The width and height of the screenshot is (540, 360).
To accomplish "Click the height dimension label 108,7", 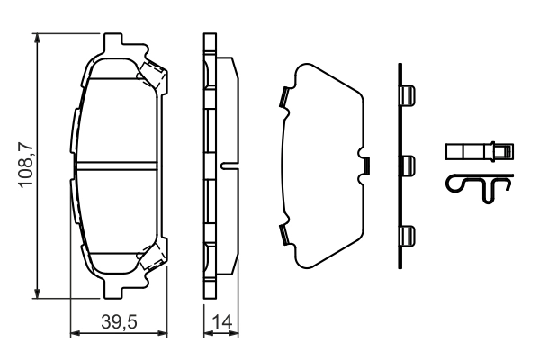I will coord(26,166).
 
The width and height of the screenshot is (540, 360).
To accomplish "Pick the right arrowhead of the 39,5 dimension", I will coord(161,335).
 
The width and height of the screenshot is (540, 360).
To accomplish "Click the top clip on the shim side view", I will coord(407,94).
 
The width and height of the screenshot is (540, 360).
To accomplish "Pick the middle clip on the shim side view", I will coord(407,165).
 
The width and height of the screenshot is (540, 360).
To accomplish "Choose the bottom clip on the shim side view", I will coord(407,236).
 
